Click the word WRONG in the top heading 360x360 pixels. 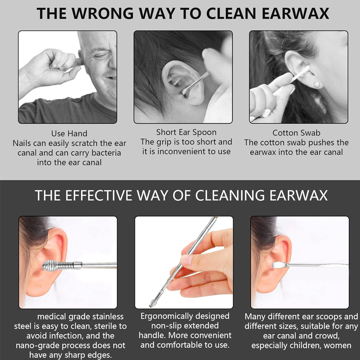pos(102,13)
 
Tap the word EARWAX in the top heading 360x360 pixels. pos(295,13)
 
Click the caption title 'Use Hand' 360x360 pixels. pos(69,133)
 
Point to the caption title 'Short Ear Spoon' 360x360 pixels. pos(186,132)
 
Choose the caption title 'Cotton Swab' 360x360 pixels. pos(296,133)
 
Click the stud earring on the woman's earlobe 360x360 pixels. pos(317,85)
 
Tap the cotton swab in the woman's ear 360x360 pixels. pos(299,74)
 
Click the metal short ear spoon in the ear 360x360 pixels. pos(195,83)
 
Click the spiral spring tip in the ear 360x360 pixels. pos(58,265)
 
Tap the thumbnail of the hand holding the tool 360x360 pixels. pos(186,260)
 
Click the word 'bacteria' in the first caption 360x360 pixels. pos(106,153)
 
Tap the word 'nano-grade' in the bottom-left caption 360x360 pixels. pos(38,345)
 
